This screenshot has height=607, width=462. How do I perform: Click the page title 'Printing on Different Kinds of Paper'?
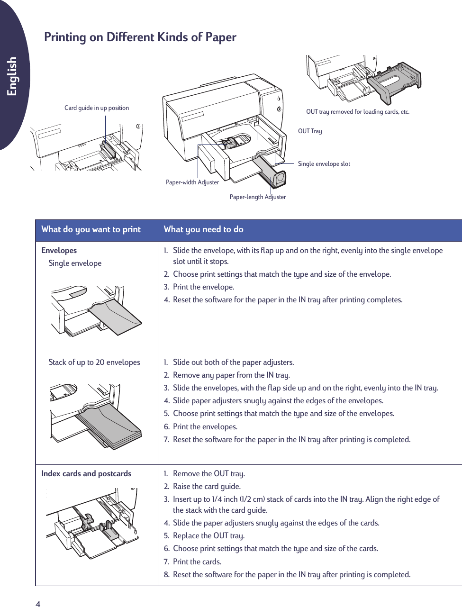coord(140,37)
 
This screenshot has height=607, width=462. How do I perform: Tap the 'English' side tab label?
coord(12,76)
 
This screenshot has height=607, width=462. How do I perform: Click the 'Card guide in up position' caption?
coord(97,108)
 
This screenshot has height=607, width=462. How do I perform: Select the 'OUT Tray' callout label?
coord(310,131)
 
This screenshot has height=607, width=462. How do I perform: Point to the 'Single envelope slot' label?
coord(324,164)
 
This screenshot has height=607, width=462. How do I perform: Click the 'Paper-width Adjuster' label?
coord(192,182)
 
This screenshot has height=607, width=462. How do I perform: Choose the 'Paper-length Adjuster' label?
coord(258,197)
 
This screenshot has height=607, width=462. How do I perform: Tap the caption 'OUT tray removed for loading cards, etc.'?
coord(358,112)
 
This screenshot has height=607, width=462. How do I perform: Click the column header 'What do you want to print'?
coord(91,229)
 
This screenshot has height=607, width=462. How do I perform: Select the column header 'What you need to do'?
coord(203,229)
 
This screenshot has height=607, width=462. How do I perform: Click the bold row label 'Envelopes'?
coord(59,251)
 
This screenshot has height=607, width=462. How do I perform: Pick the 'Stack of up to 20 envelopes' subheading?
coord(94,362)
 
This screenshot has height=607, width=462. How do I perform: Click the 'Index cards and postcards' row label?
coord(86,474)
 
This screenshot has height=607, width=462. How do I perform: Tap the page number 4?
coord(38,604)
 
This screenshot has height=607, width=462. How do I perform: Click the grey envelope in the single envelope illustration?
coord(116,315)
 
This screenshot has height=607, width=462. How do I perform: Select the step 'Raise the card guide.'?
coord(207,487)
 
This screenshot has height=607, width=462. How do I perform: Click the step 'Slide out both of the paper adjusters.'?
coord(233,362)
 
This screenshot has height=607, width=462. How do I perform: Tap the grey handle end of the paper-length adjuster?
coord(279,179)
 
